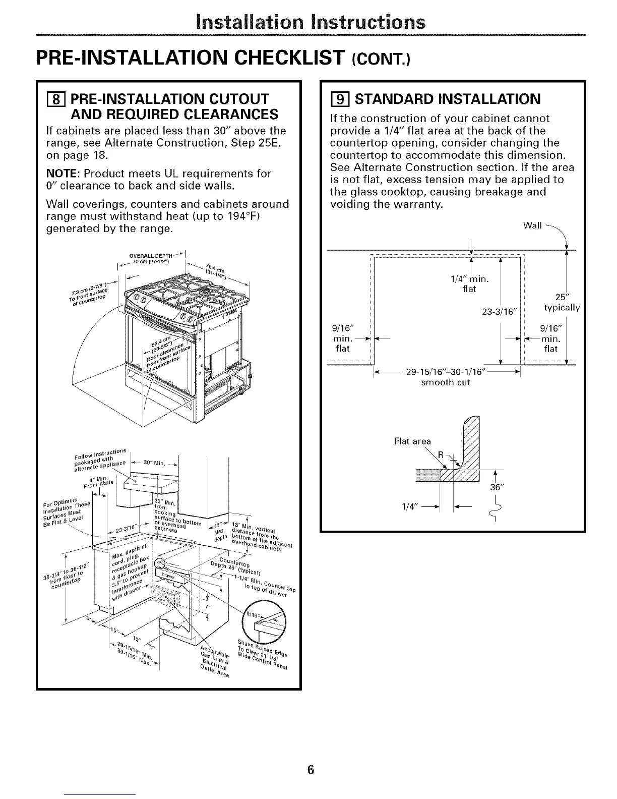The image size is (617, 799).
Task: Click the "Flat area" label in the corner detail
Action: pyautogui.click(x=412, y=441)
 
